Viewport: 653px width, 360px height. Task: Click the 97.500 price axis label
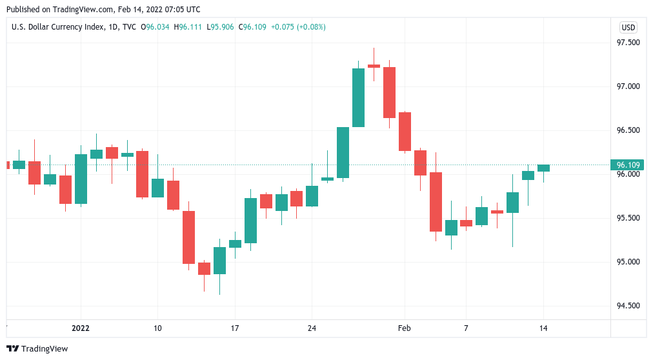pyautogui.click(x=628, y=43)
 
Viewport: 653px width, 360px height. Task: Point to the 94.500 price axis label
pyautogui.click(x=628, y=306)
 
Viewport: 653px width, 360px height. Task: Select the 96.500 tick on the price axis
pyautogui.click(x=628, y=130)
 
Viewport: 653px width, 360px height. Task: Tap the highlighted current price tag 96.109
pyautogui.click(x=628, y=165)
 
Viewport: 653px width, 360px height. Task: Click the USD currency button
pyautogui.click(x=628, y=27)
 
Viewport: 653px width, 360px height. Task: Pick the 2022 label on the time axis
pyautogui.click(x=81, y=328)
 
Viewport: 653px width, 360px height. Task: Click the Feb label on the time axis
pyautogui.click(x=404, y=328)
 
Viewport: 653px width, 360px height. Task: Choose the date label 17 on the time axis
pyautogui.click(x=235, y=328)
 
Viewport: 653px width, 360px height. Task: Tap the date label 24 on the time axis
pyautogui.click(x=312, y=328)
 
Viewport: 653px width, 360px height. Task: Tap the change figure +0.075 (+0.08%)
pyautogui.click(x=298, y=27)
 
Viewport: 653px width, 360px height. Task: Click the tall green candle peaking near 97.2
pyautogui.click(x=358, y=97)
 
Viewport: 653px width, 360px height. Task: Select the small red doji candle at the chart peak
pyautogui.click(x=374, y=66)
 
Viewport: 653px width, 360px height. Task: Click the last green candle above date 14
pyautogui.click(x=543, y=168)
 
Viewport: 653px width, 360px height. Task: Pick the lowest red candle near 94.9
pyautogui.click(x=204, y=268)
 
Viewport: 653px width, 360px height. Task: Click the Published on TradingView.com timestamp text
pyautogui.click(x=103, y=10)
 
